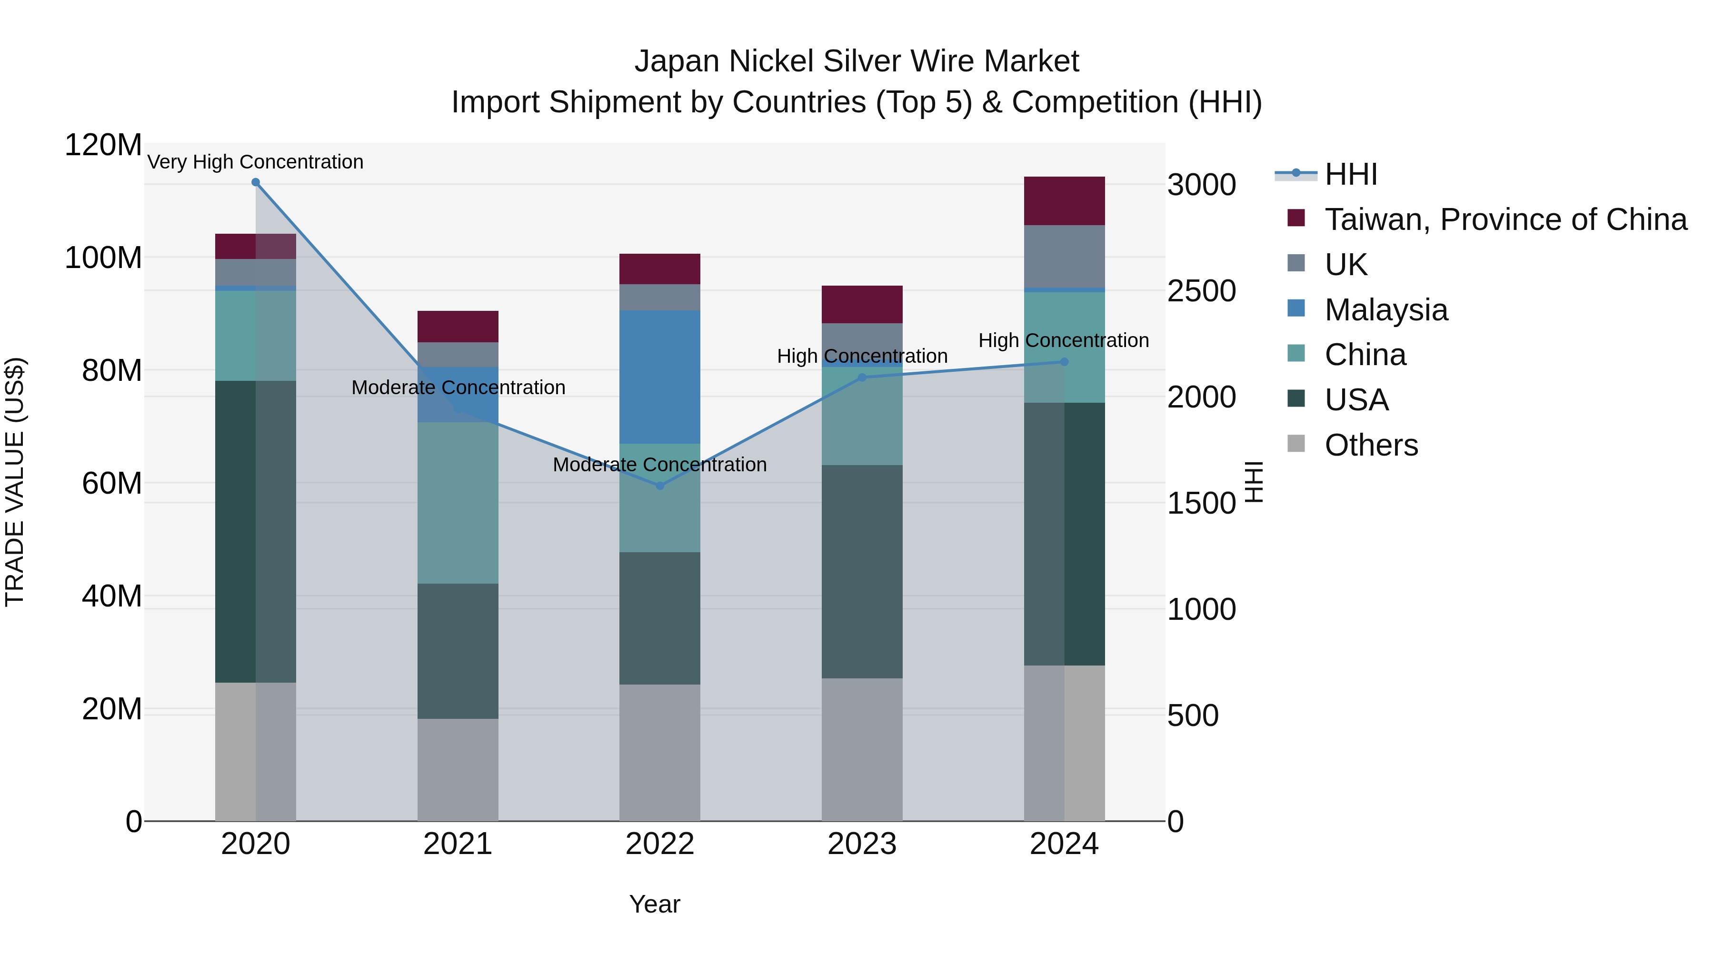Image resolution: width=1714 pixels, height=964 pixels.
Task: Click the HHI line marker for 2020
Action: pos(256,182)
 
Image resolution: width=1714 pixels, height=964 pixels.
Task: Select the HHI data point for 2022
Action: pos(659,486)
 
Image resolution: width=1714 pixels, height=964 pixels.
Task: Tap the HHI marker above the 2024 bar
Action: pos(1064,362)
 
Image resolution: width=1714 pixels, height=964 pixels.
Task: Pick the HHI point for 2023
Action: pos(862,377)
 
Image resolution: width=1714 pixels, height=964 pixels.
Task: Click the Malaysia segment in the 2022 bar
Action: pos(659,377)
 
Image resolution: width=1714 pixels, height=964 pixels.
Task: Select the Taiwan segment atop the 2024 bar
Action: pos(1064,201)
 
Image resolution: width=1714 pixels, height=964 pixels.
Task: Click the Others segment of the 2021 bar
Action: pos(458,769)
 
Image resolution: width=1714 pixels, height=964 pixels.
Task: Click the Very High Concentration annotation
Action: pos(256,162)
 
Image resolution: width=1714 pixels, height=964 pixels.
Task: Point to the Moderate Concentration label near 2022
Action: pos(659,464)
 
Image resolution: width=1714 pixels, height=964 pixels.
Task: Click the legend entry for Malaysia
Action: pos(1385,310)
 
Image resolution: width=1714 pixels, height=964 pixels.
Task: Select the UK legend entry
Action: pos(1345,265)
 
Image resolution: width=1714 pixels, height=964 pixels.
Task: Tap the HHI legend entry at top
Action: pos(1350,174)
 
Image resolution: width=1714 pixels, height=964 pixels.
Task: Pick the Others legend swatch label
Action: pos(1371,445)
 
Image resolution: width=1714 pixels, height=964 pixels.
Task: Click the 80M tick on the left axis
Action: pos(111,370)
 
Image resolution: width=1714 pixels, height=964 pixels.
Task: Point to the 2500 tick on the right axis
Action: pos(1201,291)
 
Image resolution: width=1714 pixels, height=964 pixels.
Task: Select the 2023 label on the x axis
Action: pos(862,844)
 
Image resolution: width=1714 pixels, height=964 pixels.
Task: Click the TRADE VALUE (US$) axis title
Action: pos(15,482)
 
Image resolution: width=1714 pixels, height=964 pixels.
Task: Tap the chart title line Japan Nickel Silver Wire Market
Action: pos(857,61)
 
